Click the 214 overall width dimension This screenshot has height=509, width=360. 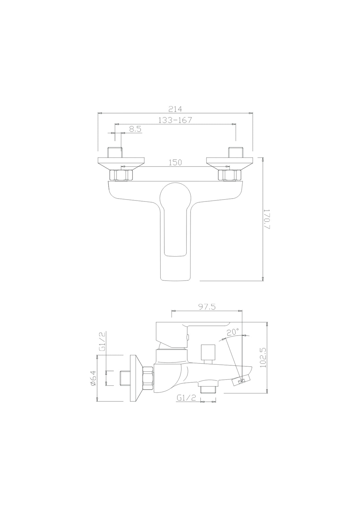click(x=175, y=109)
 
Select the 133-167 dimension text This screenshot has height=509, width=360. click(x=175, y=120)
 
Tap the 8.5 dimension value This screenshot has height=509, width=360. click(x=135, y=129)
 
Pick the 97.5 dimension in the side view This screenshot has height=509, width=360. click(x=207, y=307)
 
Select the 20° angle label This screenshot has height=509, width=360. click(x=233, y=332)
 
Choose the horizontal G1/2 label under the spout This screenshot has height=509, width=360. click(x=186, y=398)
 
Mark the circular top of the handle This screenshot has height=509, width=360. click(x=174, y=198)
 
